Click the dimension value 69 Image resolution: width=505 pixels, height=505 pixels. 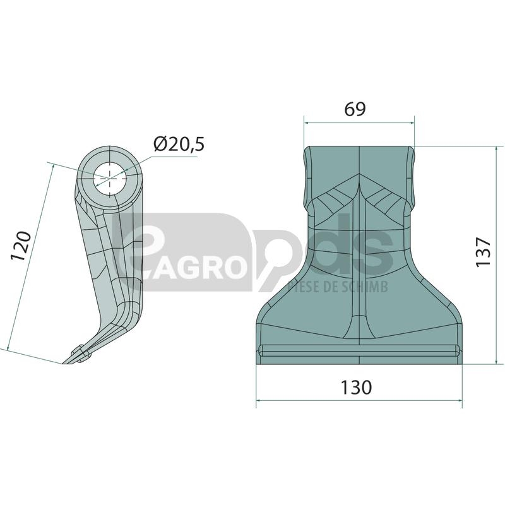(355, 109)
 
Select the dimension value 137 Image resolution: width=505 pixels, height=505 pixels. (483, 252)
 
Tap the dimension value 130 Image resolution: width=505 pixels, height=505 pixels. (356, 388)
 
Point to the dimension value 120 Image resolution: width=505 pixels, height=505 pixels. (21, 246)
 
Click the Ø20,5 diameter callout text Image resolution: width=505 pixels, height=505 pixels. (179, 144)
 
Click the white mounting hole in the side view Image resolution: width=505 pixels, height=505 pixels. (110, 179)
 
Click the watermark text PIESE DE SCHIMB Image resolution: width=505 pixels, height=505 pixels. (338, 287)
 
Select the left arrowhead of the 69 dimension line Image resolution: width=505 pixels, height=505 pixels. (306, 122)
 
